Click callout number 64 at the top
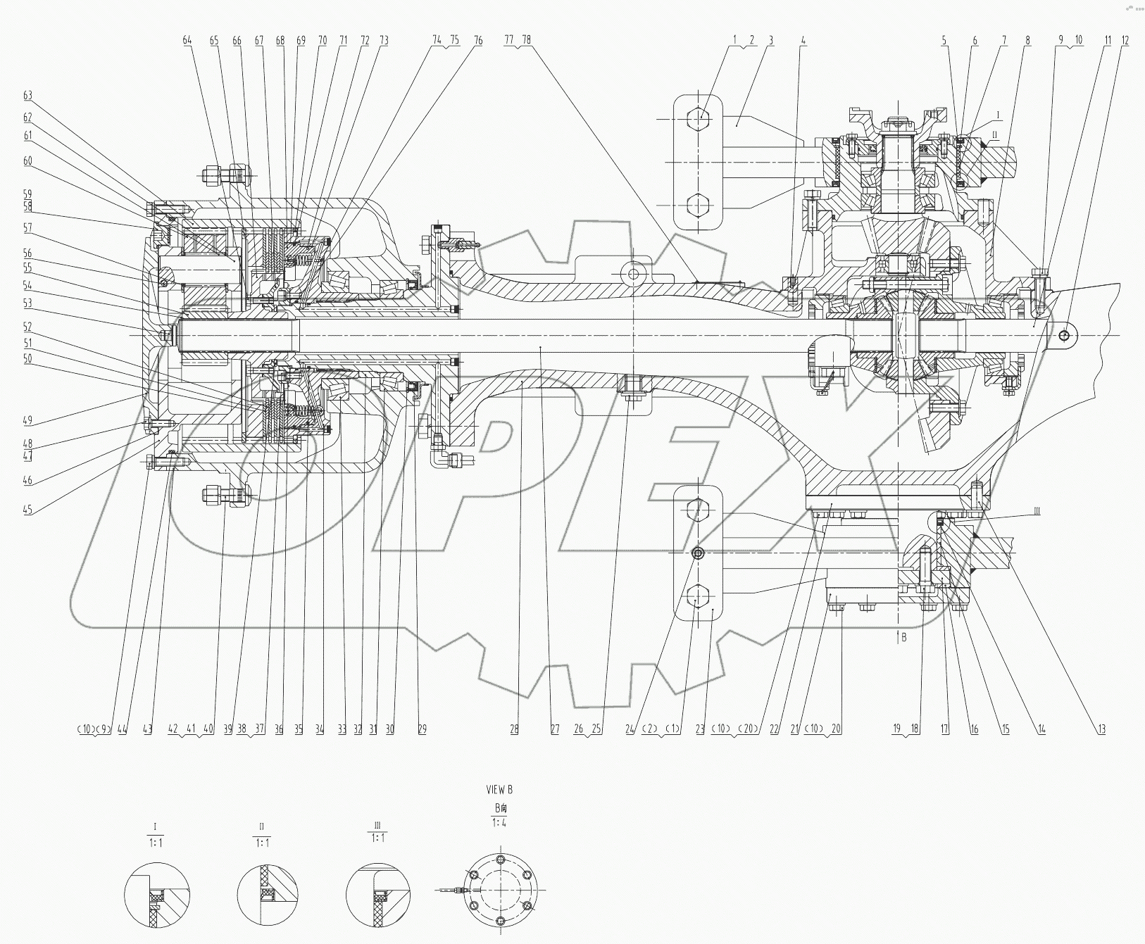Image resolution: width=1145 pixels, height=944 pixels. click(187, 41)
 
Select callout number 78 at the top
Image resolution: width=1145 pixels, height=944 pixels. click(526, 41)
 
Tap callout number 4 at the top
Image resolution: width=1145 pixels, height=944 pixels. click(803, 41)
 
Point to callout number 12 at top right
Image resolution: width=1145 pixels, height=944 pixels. click(1125, 41)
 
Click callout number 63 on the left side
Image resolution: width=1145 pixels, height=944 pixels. click(27, 96)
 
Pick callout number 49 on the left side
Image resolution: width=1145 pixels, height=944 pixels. click(27, 421)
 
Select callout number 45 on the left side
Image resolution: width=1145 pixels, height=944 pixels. click(27, 510)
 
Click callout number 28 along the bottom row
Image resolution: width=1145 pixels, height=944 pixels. click(515, 730)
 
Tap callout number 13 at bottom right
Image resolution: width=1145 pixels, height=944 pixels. click(1100, 730)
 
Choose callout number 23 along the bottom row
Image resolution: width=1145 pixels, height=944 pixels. click(700, 730)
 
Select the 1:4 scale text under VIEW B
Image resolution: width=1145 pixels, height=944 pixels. click(499, 822)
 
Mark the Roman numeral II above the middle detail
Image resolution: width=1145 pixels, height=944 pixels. click(261, 827)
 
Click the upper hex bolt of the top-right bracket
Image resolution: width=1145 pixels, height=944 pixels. click(698, 118)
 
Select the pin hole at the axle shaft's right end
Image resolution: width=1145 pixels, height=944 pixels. click(1064, 336)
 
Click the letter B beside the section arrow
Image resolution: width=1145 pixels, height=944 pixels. click(903, 637)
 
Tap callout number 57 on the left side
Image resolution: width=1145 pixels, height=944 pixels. click(27, 227)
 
